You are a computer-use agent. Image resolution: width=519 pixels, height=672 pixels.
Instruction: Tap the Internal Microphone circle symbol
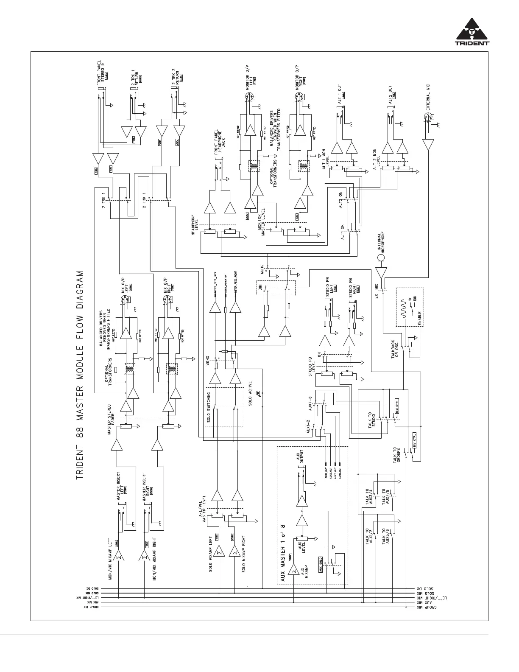(381, 258)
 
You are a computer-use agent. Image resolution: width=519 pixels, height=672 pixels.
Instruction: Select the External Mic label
(428, 97)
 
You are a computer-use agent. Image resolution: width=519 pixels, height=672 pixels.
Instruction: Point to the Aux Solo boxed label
(321, 564)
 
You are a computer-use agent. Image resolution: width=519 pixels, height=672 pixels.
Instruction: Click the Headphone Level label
(195, 226)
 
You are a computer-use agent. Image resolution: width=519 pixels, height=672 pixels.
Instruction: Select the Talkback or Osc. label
(395, 349)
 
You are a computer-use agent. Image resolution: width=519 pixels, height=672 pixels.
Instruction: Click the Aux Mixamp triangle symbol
(293, 570)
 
